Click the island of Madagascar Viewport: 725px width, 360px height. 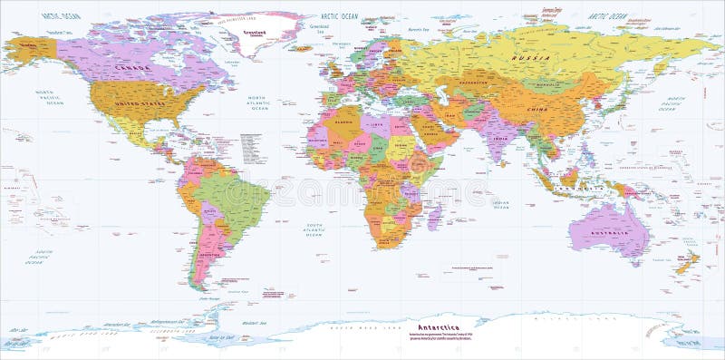433,216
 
